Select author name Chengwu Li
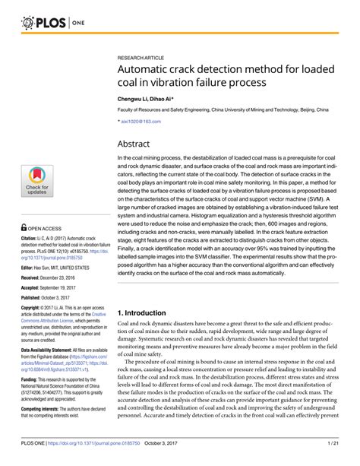(x=133, y=99)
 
